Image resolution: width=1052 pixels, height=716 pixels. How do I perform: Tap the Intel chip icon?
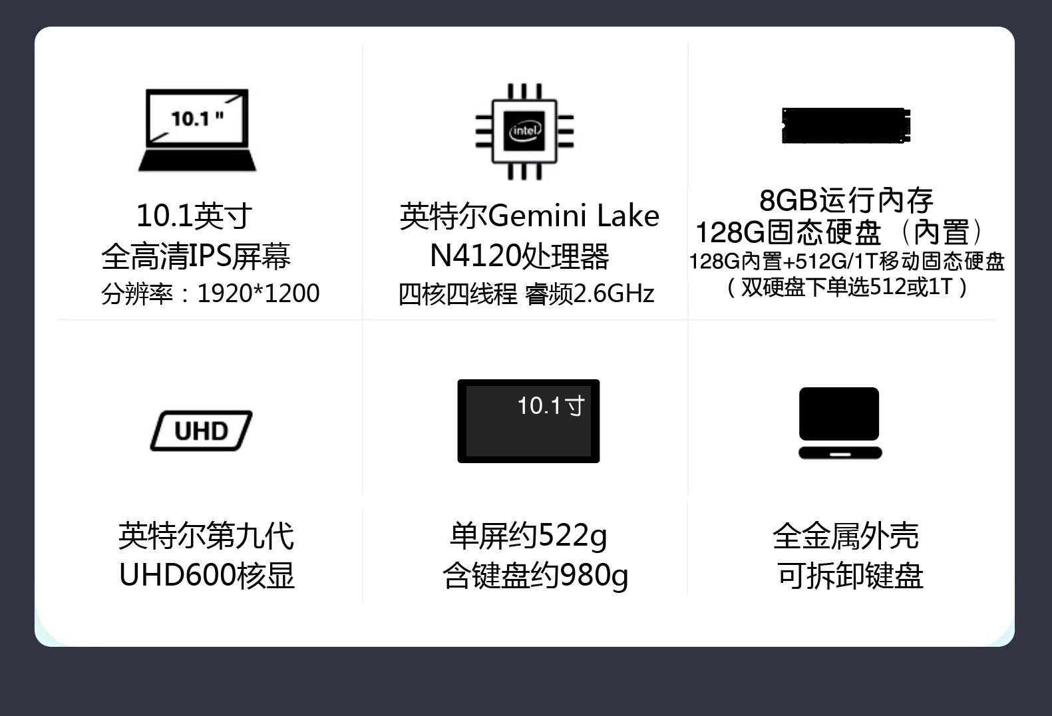(x=524, y=131)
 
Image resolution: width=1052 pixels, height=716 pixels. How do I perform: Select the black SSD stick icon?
(x=846, y=126)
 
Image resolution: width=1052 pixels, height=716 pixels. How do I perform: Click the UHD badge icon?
(x=201, y=431)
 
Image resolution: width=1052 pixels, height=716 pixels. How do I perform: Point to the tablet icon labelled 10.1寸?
(x=528, y=421)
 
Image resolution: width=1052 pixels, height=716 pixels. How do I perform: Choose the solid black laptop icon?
(x=840, y=423)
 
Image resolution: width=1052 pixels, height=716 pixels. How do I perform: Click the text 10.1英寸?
(x=194, y=216)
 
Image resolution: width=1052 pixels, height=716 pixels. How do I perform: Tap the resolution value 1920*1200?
(x=258, y=293)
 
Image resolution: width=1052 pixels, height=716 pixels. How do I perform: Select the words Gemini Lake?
(x=574, y=216)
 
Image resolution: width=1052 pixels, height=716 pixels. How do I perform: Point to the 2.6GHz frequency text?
(x=613, y=293)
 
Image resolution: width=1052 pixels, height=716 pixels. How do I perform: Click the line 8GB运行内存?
(x=846, y=200)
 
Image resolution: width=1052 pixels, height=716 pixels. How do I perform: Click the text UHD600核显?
(x=206, y=576)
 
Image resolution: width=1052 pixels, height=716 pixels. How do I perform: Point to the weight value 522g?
(x=572, y=536)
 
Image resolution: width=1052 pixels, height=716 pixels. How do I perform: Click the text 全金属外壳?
(x=845, y=536)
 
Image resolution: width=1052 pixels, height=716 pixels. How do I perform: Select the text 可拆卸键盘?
(x=850, y=576)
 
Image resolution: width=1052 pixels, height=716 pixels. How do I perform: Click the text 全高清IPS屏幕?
(x=196, y=256)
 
